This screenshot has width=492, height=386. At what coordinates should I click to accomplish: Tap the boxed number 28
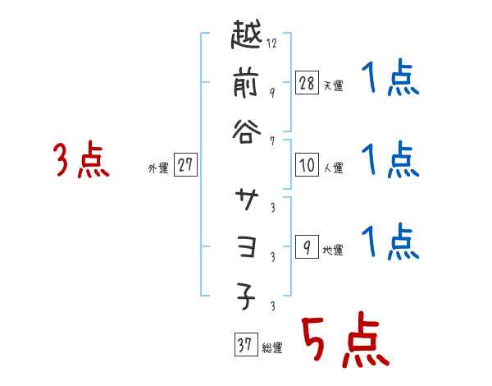(306, 82)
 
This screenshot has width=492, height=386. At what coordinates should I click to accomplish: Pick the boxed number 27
(185, 165)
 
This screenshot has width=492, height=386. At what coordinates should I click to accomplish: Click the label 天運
(333, 85)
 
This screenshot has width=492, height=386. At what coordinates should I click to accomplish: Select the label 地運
(333, 250)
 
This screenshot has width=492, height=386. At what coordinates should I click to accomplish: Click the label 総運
(272, 347)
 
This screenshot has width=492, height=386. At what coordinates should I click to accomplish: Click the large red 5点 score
(344, 339)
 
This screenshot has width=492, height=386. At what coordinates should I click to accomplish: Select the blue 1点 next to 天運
(390, 80)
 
